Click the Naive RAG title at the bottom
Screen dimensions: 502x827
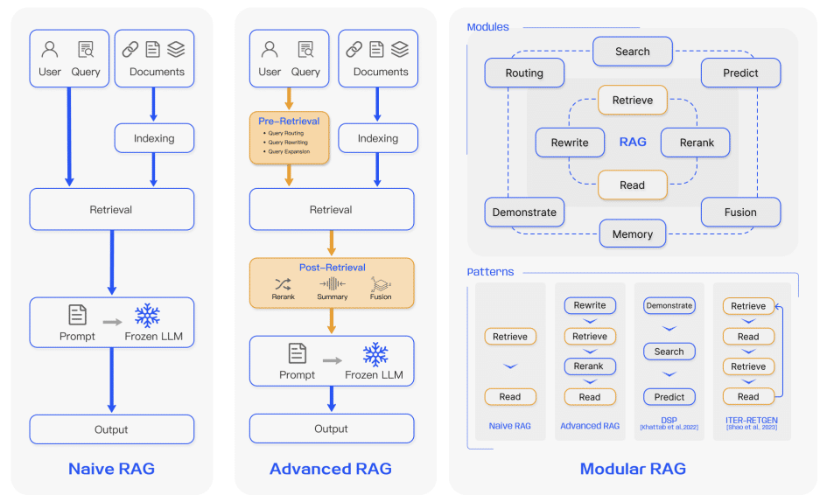tap(111, 469)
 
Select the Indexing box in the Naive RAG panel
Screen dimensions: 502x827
tap(154, 138)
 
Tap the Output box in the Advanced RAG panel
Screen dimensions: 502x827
tap(331, 429)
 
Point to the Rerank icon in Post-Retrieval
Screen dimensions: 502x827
tap(283, 283)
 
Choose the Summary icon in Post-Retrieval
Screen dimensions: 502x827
tap(333, 283)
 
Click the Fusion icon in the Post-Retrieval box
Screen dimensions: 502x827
tap(381, 283)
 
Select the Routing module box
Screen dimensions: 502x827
tap(524, 73)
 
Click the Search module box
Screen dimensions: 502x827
tap(632, 52)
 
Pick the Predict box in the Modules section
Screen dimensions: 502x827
tap(740, 73)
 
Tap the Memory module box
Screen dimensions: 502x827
tap(632, 234)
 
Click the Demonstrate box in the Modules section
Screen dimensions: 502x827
tap(524, 213)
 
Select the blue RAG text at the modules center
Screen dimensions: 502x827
tap(633, 143)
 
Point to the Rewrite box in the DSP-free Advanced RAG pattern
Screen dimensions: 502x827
tap(590, 306)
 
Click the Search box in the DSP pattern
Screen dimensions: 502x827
tap(669, 352)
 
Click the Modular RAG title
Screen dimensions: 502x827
tap(633, 469)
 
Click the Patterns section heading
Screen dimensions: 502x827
tap(490, 272)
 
